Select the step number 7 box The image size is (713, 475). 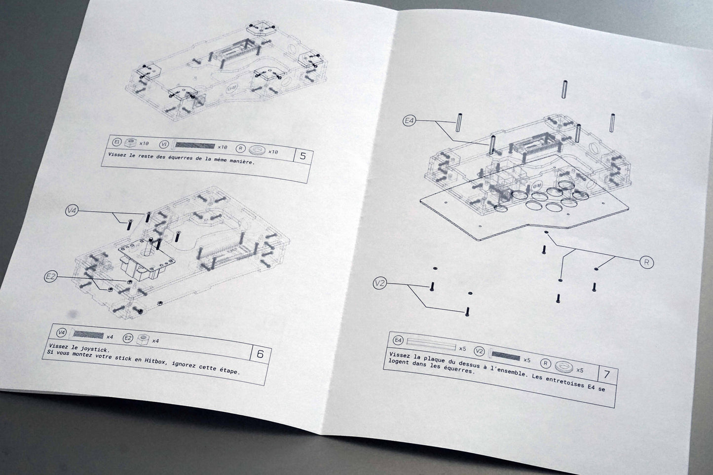(x=607, y=375)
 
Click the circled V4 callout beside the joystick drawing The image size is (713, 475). (x=72, y=210)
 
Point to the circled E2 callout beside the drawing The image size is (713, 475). (x=51, y=277)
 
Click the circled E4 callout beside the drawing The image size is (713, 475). (x=410, y=120)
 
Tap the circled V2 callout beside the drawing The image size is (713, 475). (x=380, y=283)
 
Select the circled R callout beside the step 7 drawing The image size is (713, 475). (x=646, y=262)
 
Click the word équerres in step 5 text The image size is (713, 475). (x=181, y=157)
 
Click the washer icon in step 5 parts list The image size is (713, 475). (x=257, y=150)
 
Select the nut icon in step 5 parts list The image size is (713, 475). (x=130, y=142)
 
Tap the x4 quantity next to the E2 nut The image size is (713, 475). (x=155, y=341)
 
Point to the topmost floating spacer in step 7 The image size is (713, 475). (x=564, y=89)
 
